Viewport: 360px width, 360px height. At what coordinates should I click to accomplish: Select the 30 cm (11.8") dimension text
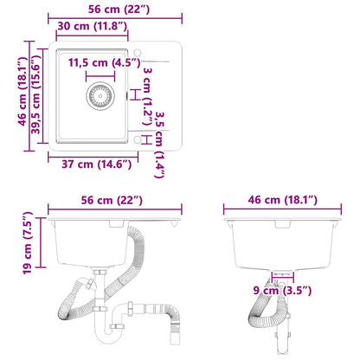click(x=93, y=28)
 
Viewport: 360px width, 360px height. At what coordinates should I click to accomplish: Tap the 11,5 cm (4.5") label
click(x=99, y=63)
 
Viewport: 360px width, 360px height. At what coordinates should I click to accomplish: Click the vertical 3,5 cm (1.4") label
click(x=158, y=153)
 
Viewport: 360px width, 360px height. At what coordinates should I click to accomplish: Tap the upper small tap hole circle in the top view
click(x=143, y=65)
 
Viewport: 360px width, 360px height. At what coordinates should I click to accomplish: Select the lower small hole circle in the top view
click(x=143, y=136)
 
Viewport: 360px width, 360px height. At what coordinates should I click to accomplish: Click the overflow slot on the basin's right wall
click(x=130, y=95)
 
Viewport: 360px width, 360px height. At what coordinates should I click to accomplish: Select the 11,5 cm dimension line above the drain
click(x=100, y=74)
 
